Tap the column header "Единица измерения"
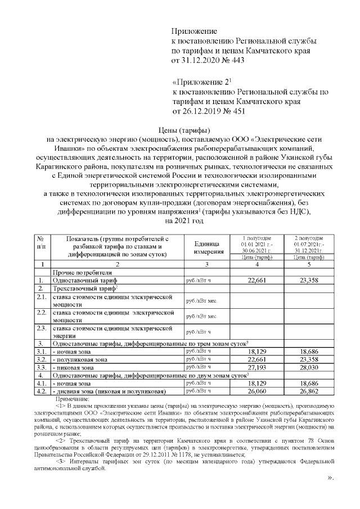[209, 246]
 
